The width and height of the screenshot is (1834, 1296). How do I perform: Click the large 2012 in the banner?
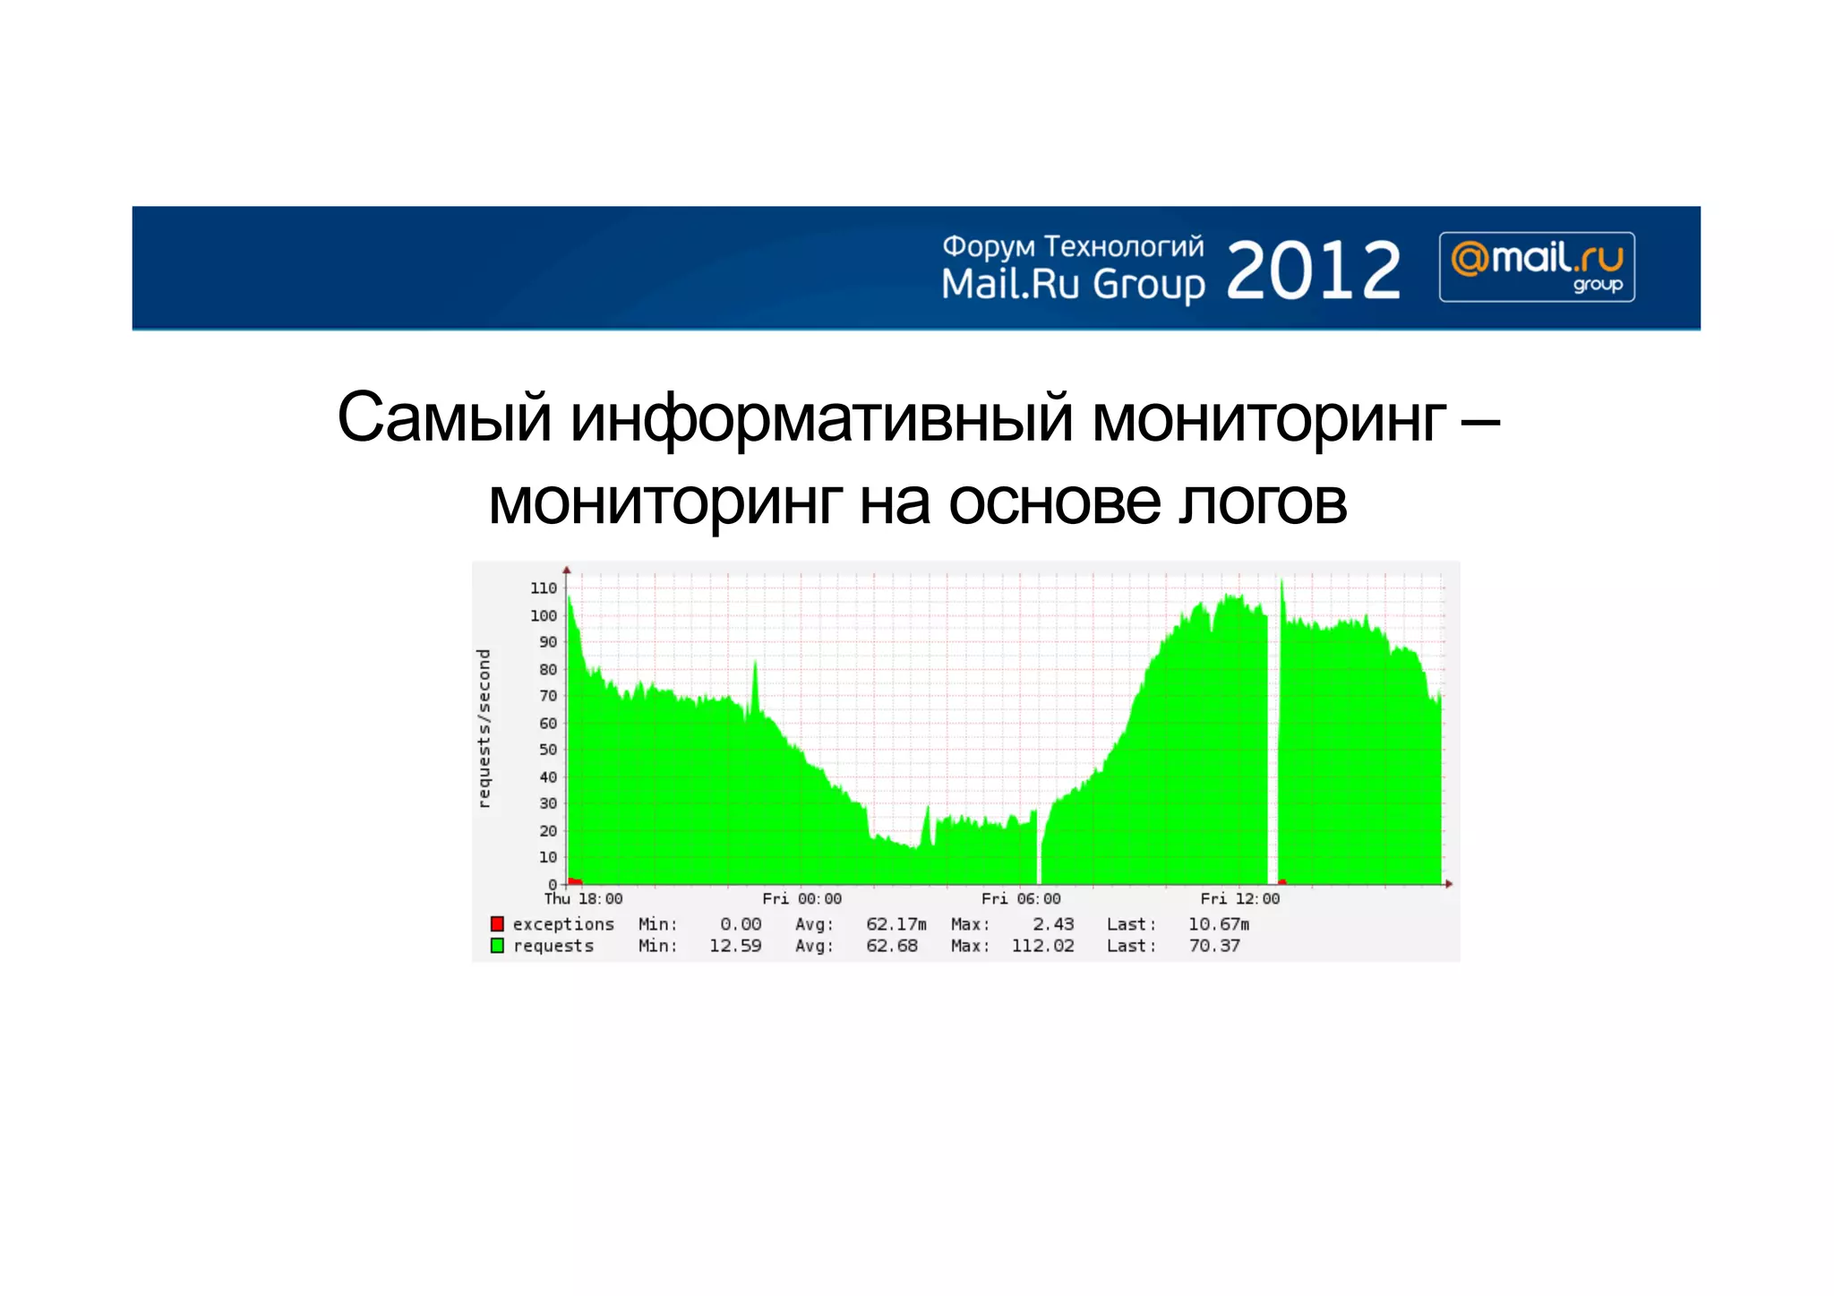1312,270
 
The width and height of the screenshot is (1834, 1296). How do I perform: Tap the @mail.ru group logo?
1537,267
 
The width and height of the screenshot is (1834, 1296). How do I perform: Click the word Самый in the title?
444,417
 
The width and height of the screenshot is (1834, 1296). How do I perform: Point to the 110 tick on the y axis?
544,588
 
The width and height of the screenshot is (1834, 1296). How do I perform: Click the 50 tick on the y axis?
547,750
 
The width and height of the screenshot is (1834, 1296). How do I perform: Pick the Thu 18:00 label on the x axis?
583,898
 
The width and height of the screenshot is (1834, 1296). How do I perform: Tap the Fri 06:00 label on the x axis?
1021,898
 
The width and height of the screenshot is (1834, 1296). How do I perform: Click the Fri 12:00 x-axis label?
1239,898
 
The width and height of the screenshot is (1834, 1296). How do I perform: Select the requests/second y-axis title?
484,728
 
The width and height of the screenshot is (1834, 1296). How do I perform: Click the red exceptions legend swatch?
497,923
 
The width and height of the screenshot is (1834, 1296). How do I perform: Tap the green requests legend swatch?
497,946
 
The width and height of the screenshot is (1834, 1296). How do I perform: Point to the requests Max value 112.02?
1042,946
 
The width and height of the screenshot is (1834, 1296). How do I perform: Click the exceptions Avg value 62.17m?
896,923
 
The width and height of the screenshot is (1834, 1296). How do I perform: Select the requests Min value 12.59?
735,946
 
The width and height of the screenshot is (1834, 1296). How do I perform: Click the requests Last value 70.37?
1214,946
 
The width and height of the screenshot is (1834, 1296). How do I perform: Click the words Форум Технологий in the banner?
1073,246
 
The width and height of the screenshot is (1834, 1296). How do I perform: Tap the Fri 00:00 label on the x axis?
801,898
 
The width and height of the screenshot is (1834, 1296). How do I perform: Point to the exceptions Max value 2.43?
1052,923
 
